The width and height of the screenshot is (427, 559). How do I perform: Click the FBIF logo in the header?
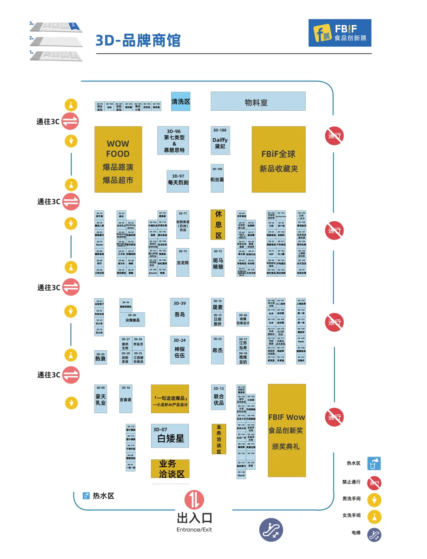pyautogui.click(x=340, y=33)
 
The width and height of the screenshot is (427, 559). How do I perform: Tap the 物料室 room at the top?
pyautogui.click(x=258, y=102)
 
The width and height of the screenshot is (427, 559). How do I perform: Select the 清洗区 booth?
pyautogui.click(x=181, y=102)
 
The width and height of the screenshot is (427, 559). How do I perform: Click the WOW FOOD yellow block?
pyautogui.click(x=118, y=159)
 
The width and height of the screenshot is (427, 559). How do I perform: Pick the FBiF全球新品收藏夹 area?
pyautogui.click(x=278, y=159)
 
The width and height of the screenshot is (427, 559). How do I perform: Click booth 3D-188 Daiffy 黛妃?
pyautogui.click(x=220, y=140)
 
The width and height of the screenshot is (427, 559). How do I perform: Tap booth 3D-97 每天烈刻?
pyautogui.click(x=178, y=181)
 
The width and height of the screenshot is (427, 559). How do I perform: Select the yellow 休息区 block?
pyautogui.click(x=218, y=225)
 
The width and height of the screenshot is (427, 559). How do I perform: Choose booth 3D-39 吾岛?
pyautogui.click(x=179, y=312)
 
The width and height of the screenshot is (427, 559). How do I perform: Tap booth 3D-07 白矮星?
pyautogui.click(x=170, y=436)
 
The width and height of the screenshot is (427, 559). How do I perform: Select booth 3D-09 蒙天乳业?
pyautogui.click(x=100, y=398)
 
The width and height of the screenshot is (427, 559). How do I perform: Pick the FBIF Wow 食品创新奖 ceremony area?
pyautogui.click(x=286, y=430)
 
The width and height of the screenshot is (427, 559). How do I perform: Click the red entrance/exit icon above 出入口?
pyautogui.click(x=194, y=500)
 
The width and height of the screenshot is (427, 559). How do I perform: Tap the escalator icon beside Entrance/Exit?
pyautogui.click(x=271, y=530)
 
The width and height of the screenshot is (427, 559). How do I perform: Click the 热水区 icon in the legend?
pyautogui.click(x=374, y=463)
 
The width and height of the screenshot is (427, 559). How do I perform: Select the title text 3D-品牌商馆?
pyautogui.click(x=138, y=40)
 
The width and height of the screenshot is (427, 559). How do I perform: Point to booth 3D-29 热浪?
pyautogui.click(x=100, y=357)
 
